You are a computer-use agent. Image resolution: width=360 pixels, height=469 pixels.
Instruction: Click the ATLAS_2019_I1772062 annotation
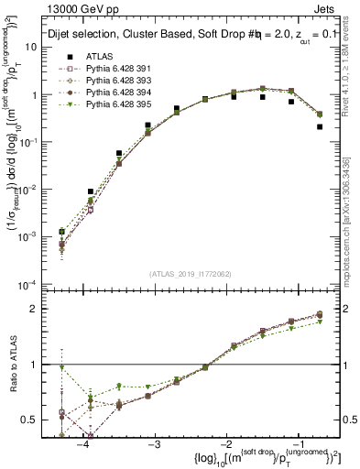pos(191,273)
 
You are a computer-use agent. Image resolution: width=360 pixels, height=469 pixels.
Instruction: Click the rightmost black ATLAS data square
pos(320,127)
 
